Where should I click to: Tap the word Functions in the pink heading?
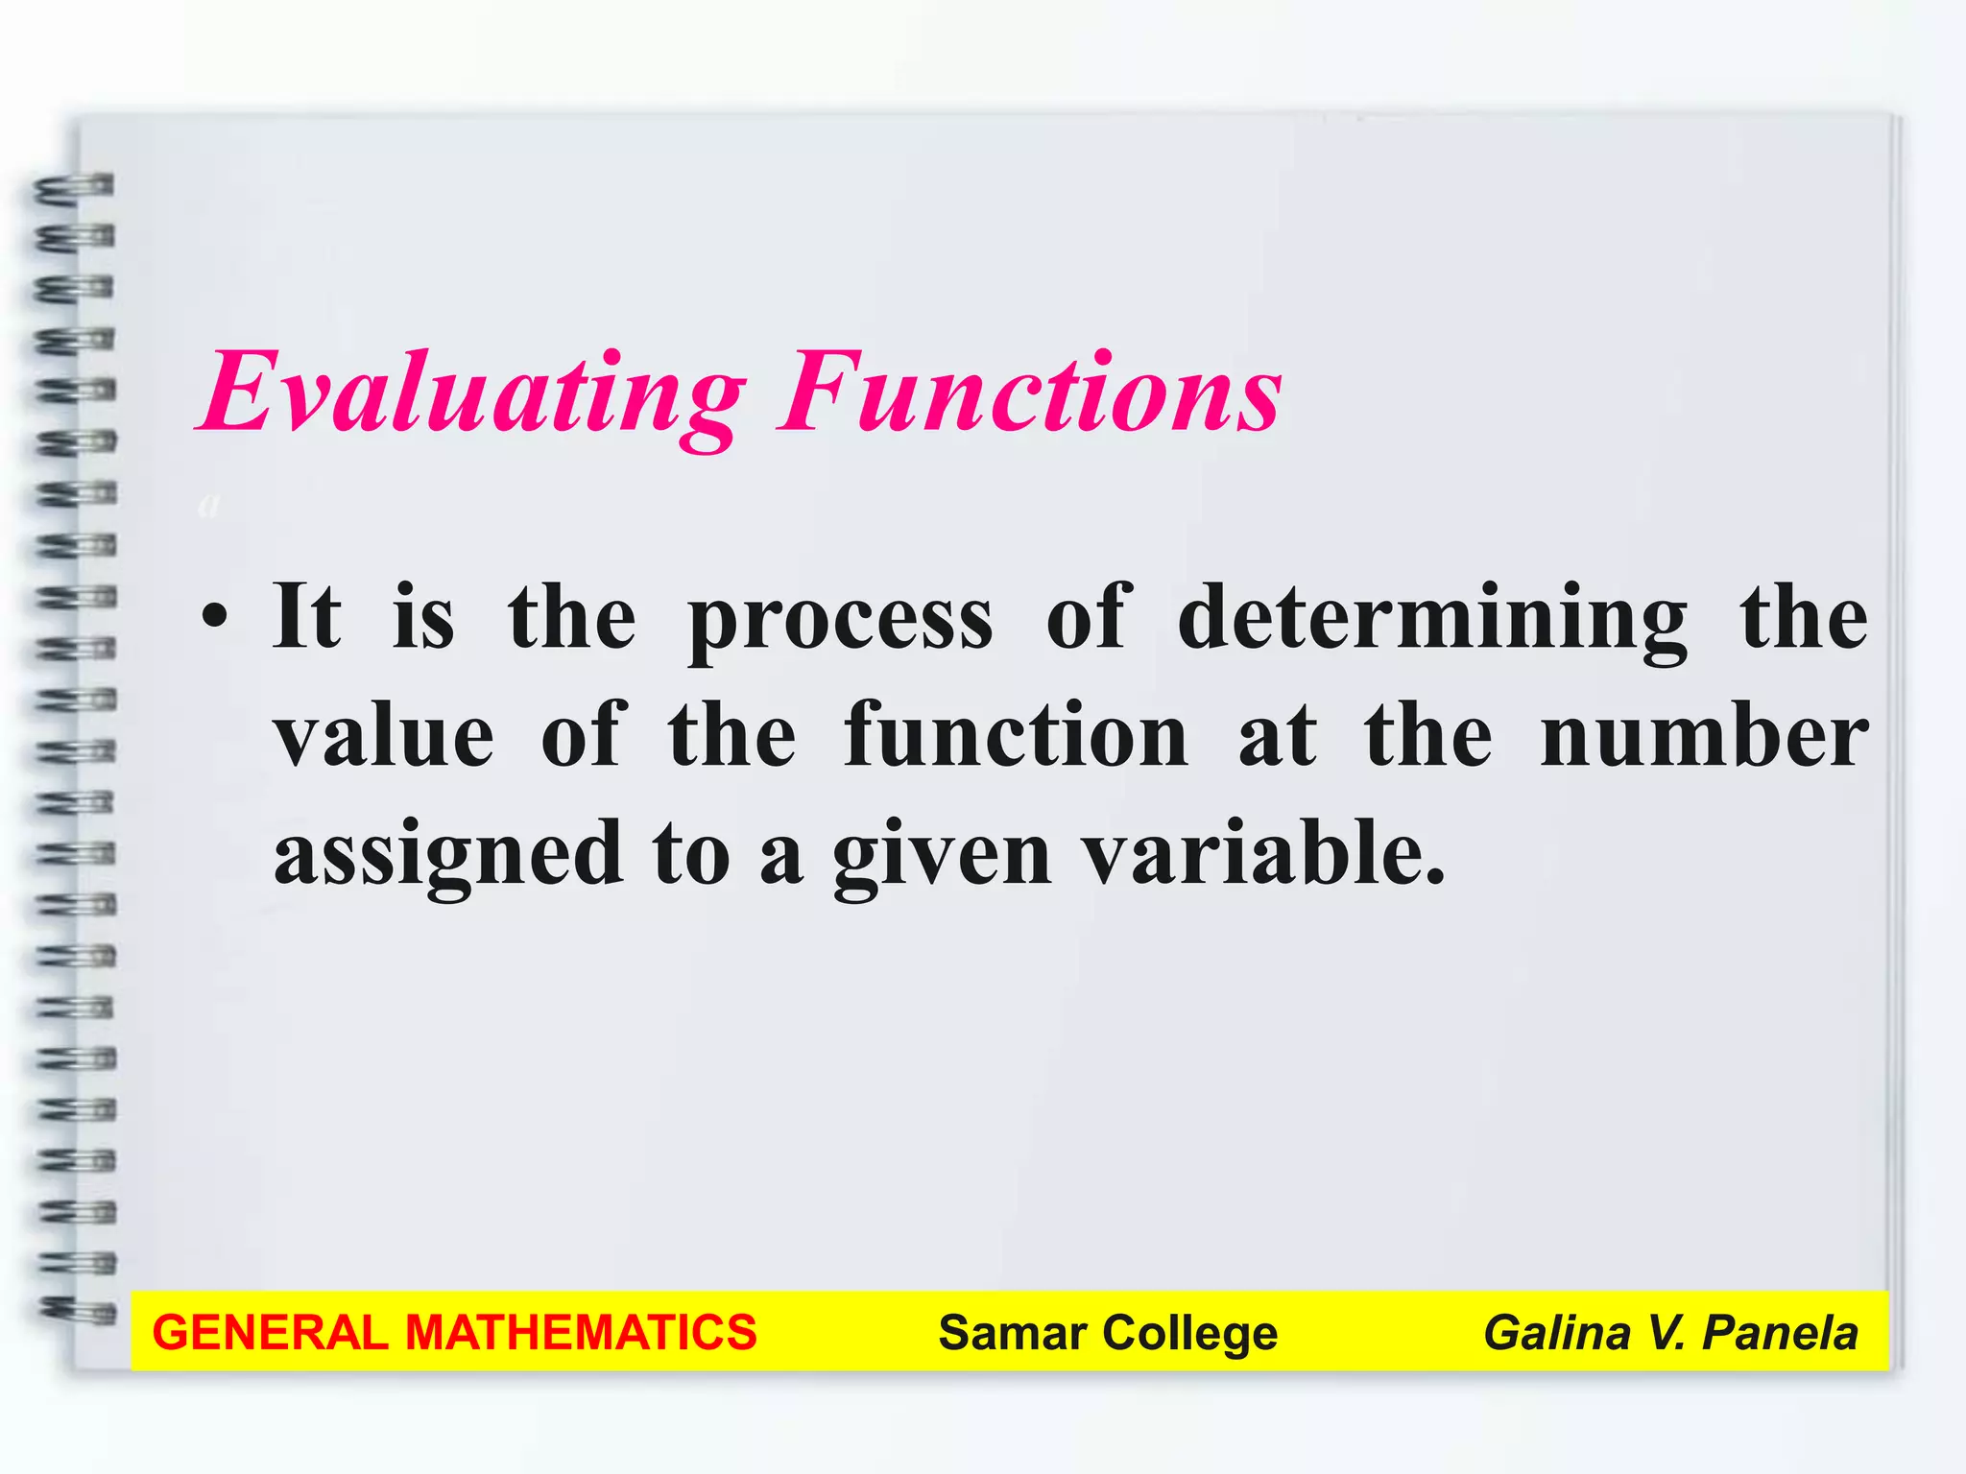[1031, 393]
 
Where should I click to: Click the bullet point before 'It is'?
[216, 616]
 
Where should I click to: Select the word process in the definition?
[841, 620]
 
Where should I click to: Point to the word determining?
[1432, 618]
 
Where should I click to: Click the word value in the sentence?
[384, 737]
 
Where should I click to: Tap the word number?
[1704, 737]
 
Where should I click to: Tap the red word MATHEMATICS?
[581, 1333]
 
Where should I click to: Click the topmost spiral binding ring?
[75, 187]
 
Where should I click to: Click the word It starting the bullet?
[306, 616]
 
